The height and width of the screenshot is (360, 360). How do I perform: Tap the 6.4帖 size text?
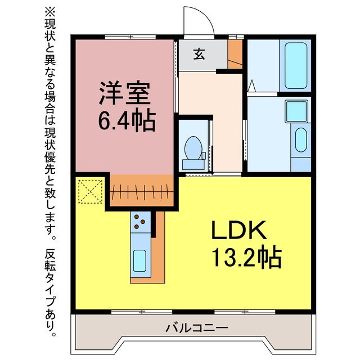click(x=127, y=120)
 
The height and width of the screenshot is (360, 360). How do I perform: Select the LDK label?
click(x=238, y=230)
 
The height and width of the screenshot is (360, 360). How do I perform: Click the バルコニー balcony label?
click(x=197, y=328)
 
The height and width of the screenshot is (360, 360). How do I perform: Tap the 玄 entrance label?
click(x=199, y=55)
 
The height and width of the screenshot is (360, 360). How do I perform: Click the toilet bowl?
click(x=193, y=148)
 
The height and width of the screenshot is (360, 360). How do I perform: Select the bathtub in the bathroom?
click(x=296, y=66)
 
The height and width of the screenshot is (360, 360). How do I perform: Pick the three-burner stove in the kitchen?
click(x=141, y=222)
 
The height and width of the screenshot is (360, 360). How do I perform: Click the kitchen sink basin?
click(x=139, y=260)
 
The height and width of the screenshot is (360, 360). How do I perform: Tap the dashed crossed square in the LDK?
click(x=90, y=191)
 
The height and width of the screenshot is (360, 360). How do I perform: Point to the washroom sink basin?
click(x=301, y=140)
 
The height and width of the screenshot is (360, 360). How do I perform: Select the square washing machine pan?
click(x=296, y=111)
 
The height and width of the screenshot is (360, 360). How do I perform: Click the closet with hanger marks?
click(x=142, y=191)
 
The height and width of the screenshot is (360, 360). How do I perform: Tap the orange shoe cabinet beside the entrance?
click(x=235, y=54)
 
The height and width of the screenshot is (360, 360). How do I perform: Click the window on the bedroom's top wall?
click(x=130, y=37)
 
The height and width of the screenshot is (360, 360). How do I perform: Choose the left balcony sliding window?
click(x=142, y=312)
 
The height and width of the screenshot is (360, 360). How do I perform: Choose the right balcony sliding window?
click(x=245, y=312)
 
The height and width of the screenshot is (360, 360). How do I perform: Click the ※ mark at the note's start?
click(x=50, y=12)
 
